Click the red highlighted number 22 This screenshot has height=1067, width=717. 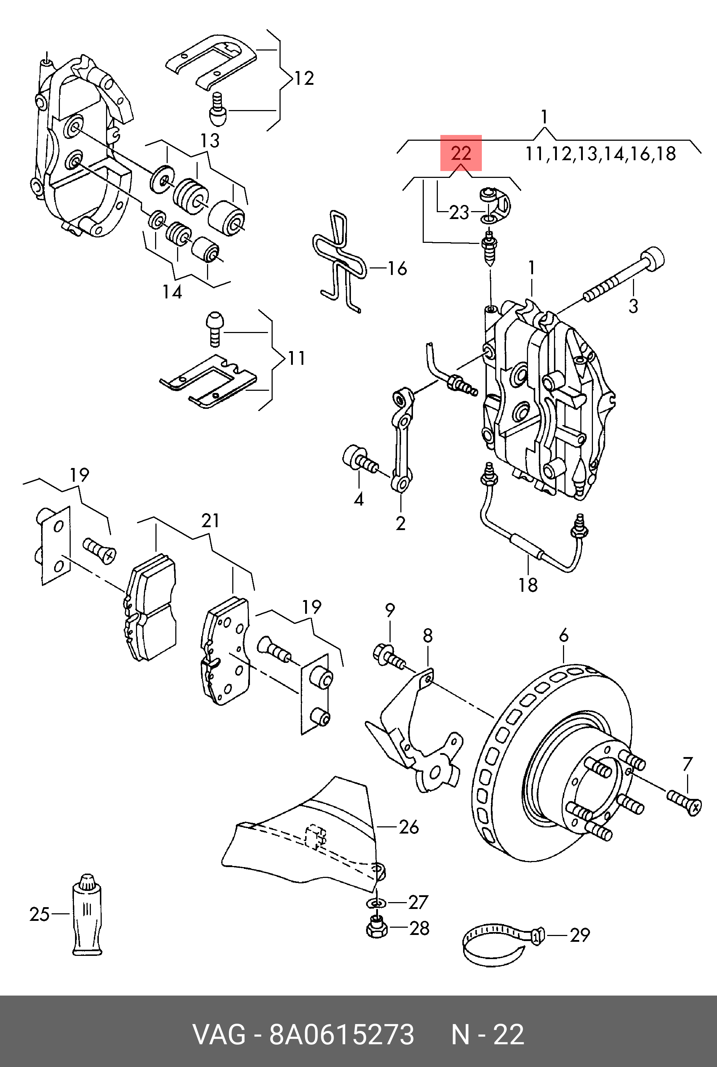pos(461,153)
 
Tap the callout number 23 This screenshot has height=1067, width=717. pos(459,212)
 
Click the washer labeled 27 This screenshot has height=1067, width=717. pos(376,903)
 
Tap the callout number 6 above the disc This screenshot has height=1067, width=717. pos(564,635)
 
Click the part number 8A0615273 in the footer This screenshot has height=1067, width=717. pos(341,1035)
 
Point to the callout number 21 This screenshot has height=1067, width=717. pos(210,521)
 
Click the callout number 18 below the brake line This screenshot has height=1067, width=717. pos(528,585)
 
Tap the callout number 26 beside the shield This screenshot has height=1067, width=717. pos(409,827)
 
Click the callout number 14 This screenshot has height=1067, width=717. pos(172,292)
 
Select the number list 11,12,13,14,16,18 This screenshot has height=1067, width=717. pos(601,154)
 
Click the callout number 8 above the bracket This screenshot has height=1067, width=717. pos(427,635)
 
